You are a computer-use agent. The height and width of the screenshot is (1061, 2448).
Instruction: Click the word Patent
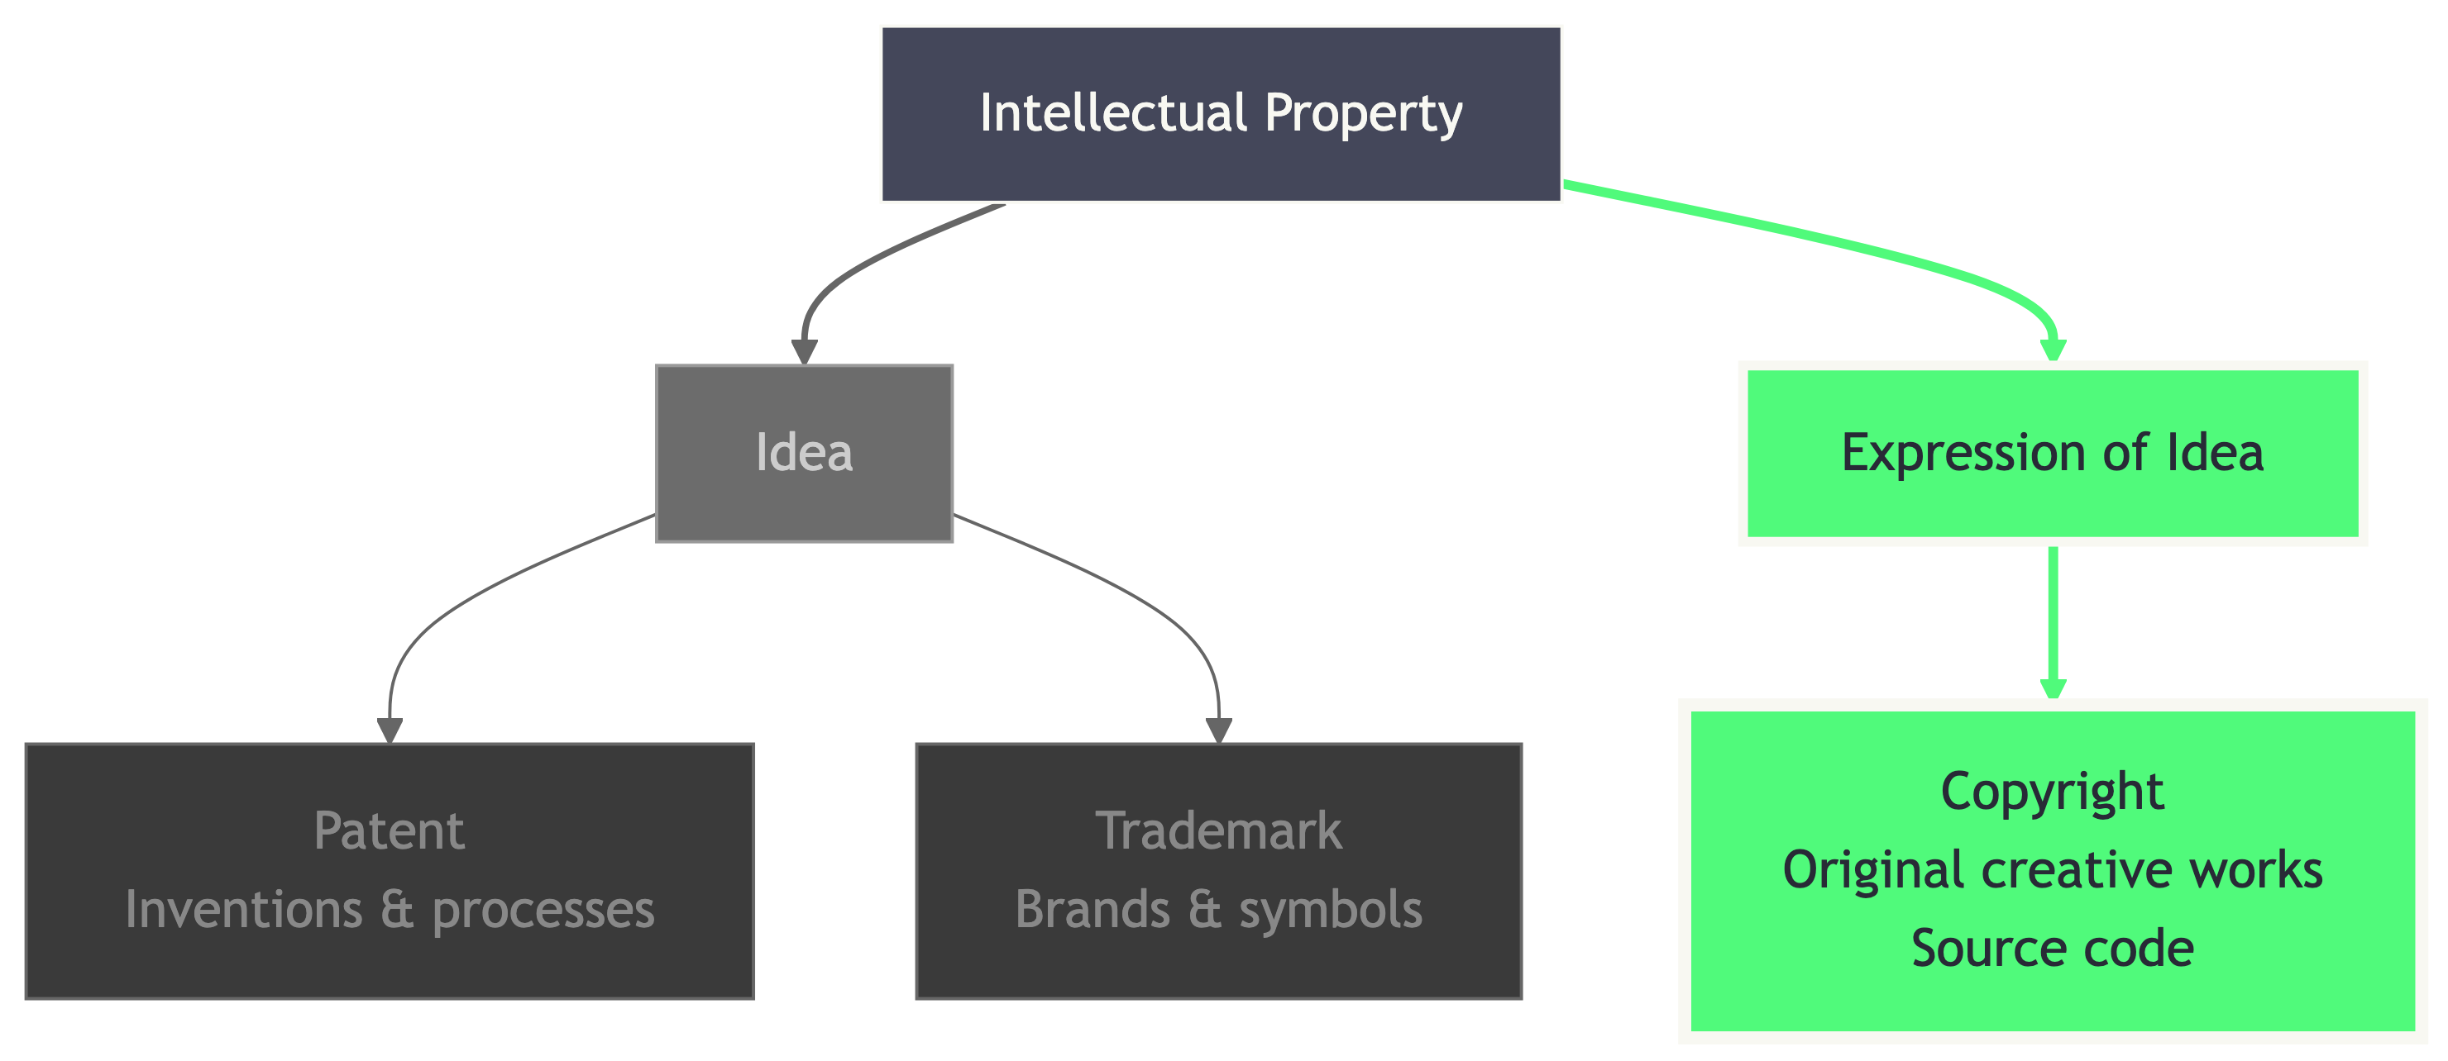389,831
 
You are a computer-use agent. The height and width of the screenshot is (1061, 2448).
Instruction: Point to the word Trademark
1218,831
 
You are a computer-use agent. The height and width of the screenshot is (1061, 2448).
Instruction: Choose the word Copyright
2053,792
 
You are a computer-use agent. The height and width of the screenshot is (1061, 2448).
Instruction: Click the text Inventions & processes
390,910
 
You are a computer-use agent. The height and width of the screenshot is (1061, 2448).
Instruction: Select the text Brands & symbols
1218,910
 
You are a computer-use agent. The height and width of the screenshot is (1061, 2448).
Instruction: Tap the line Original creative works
2053,870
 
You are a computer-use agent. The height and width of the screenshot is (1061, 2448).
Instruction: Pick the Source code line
2053,949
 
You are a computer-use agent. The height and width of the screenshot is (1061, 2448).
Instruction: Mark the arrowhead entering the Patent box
390,730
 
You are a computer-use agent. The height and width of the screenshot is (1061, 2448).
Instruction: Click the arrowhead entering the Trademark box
1218,730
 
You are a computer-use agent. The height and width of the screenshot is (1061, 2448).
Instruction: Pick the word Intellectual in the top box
1112,113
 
